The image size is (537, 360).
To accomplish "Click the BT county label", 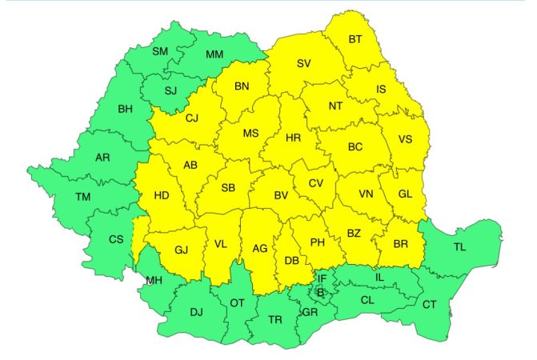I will pos(355,40).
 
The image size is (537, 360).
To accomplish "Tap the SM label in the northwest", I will pos(160,52).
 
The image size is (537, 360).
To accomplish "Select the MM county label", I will pos(214,55).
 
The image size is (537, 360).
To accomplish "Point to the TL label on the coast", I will pos(459,247).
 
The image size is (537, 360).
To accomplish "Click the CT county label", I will pos(429,304).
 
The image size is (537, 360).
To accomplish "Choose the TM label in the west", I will pos(82,197).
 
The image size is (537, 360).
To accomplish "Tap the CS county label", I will pos(116,239).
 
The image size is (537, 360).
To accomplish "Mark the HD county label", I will pos(162,195).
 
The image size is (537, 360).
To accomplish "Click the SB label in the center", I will pos(228,189).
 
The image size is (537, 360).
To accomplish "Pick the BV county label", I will pos(280,195).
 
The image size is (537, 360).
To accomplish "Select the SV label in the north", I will pos(303,63).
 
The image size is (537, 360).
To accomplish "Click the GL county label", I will pos(405,194).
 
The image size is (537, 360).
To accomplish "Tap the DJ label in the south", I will pos(196,312).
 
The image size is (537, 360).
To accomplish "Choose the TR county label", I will pos(275,319).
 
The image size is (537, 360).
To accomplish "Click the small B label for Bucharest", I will pos(321,293).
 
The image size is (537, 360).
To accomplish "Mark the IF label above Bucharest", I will pos(322,278).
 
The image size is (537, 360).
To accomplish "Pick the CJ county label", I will pos(191,118).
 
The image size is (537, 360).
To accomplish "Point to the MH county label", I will pos(154,280).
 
